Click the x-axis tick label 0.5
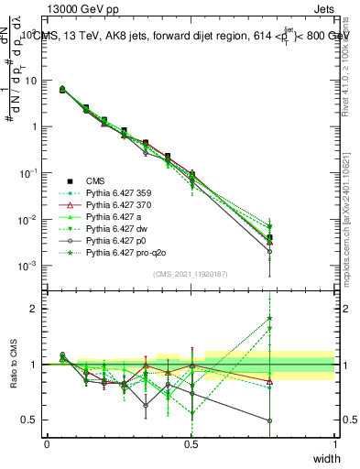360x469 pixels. coord(191,444)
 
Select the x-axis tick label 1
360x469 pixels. coord(335,444)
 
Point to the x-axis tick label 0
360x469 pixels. coord(47,444)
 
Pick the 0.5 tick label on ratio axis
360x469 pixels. coord(32,421)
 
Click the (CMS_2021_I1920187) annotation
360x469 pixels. coord(191,273)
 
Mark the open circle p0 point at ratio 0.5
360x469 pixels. coord(269,421)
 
